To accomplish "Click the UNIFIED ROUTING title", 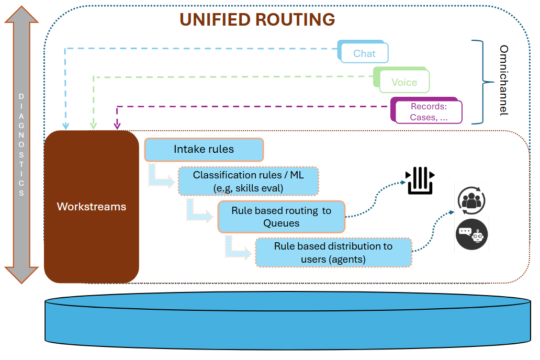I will pyautogui.click(x=257, y=19).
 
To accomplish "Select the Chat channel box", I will pyautogui.click(x=364, y=53).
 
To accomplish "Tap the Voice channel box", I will pyautogui.click(x=404, y=82).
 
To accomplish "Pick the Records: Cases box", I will pyautogui.click(x=429, y=112).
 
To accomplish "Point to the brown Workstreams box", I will pyautogui.click(x=92, y=207).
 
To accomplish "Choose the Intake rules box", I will pyautogui.click(x=204, y=150).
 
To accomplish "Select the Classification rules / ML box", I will pyautogui.click(x=249, y=181).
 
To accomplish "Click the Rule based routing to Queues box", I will pyautogui.click(x=282, y=217).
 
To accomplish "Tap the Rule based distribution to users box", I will pyautogui.click(x=333, y=253).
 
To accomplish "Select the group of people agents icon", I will pyautogui.click(x=471, y=200).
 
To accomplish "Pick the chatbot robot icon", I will pyautogui.click(x=471, y=234).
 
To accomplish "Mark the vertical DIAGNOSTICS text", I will pyautogui.click(x=21, y=144).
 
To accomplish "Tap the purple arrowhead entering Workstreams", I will pyautogui.click(x=117, y=126).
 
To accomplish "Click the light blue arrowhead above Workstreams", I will pyautogui.click(x=66, y=126).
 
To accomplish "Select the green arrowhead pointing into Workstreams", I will pyautogui.click(x=94, y=126).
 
